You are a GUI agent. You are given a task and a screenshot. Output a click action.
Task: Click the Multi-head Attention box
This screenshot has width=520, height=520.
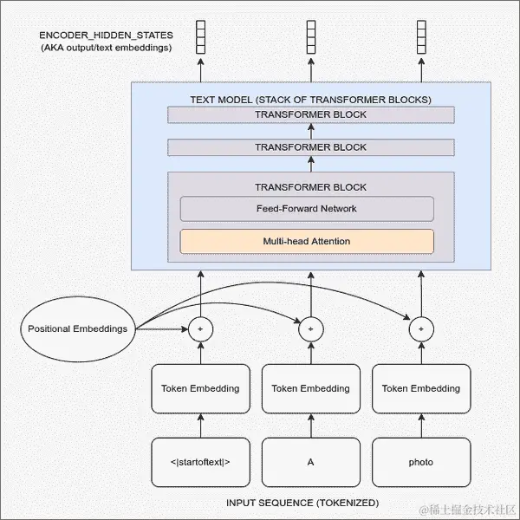pos(307,241)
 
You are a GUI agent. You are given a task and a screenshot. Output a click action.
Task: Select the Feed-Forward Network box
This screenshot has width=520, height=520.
pos(307,209)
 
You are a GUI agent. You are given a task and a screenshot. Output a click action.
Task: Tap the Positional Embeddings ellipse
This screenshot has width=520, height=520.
pos(78,328)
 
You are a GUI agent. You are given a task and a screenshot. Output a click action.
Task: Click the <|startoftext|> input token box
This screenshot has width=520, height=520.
pos(200,462)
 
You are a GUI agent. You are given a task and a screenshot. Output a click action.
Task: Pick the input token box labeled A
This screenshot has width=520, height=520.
pos(310,462)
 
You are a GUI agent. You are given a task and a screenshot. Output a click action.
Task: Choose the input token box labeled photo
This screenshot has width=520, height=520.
pos(421,462)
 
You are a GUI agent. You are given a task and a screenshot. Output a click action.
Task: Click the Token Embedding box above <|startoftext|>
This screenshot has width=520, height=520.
pos(200,388)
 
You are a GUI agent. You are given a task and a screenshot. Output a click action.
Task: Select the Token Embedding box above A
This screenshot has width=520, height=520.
pos(310,388)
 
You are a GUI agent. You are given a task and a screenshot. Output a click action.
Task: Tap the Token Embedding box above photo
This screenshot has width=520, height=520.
pos(421,388)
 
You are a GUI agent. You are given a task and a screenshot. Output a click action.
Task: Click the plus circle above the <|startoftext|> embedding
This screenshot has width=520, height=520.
pos(200,329)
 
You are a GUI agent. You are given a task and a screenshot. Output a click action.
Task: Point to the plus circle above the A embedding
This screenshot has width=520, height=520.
pos(310,329)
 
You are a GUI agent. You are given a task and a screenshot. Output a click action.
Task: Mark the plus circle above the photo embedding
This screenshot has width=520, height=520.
pos(421,329)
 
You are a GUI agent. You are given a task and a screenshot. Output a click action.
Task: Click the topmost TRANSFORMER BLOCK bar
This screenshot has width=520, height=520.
pos(310,114)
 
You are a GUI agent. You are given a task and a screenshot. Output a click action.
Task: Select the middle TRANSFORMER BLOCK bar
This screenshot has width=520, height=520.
pos(310,147)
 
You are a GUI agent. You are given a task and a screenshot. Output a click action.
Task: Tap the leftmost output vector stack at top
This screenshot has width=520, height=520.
pos(200,36)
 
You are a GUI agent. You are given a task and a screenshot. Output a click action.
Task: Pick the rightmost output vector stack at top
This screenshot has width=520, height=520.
pos(421,36)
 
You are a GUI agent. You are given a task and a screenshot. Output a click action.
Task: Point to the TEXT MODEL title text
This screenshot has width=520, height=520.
pos(310,99)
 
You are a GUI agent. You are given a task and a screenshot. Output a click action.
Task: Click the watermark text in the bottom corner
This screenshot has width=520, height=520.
pos(467,506)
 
